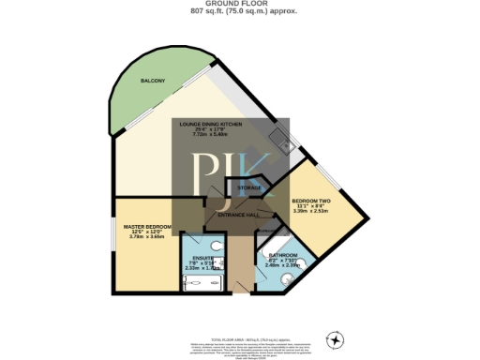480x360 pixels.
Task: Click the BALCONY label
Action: coord(153,82)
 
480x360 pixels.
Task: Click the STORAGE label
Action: coord(248,188)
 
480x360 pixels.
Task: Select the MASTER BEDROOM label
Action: coord(146,227)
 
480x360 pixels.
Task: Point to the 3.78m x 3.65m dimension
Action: coord(146,237)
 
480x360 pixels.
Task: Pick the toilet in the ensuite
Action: coord(217,249)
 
